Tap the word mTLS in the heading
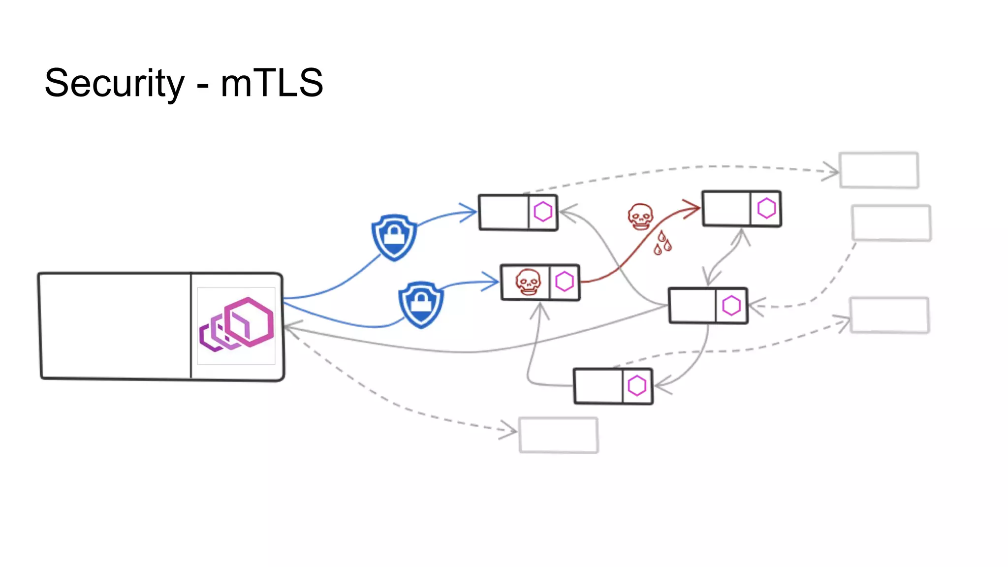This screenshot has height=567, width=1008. coord(272,83)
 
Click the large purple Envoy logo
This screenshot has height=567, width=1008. coord(236,325)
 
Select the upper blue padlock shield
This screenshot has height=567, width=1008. coord(394,237)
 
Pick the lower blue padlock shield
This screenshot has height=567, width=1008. coord(421,304)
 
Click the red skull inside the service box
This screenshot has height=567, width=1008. coord(528,282)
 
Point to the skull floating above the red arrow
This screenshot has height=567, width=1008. coord(640,217)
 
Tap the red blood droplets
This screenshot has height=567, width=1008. coord(662,243)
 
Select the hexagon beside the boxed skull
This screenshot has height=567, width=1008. coord(565,282)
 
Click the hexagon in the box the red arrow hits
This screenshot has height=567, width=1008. coord(766,208)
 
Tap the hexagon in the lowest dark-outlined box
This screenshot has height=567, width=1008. coord(637,386)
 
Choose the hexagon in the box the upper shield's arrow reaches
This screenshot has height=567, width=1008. coord(543,212)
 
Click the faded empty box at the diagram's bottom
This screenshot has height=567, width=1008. coord(559,435)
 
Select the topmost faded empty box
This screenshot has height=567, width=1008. coord(879,170)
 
